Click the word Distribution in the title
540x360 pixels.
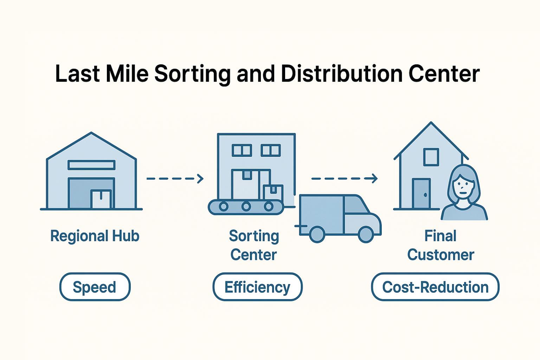(x=341, y=74)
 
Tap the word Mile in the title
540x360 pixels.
(x=127, y=74)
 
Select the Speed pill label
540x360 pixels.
(x=95, y=287)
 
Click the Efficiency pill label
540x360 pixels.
(x=257, y=287)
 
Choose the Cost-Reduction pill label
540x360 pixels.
(x=435, y=287)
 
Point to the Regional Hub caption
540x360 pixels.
(x=95, y=236)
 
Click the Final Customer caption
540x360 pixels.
(x=441, y=245)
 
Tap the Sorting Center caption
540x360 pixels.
(x=254, y=245)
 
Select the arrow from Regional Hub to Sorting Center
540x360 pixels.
(x=175, y=179)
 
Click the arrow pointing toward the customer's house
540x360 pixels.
(x=344, y=179)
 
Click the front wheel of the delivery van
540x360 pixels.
(x=366, y=234)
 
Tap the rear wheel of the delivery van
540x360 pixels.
(x=317, y=234)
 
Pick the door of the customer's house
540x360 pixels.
(x=421, y=194)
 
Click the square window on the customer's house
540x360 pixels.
(x=431, y=157)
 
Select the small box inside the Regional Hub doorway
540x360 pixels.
(x=101, y=199)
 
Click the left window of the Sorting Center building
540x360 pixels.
(x=242, y=150)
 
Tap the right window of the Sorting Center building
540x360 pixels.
(x=270, y=150)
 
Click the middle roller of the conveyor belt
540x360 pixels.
(x=246, y=206)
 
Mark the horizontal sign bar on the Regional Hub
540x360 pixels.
(x=91, y=165)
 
